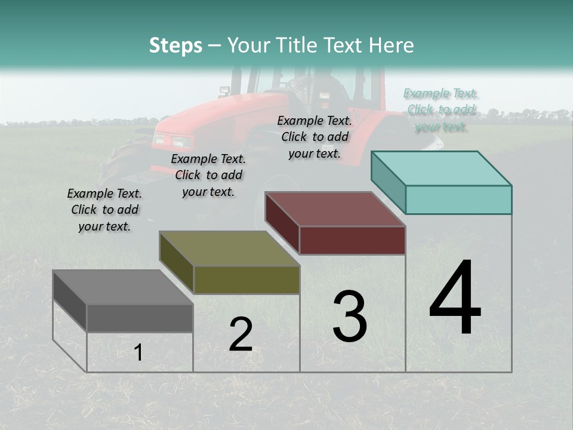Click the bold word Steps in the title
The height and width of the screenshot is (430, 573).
(175, 45)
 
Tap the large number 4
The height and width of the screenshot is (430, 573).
(455, 299)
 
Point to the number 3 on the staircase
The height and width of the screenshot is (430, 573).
(350, 317)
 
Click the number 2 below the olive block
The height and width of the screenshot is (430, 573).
(241, 334)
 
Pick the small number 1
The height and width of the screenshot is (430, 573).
(138, 352)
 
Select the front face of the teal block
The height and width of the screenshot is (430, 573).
(458, 199)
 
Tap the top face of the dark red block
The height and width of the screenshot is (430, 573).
(335, 209)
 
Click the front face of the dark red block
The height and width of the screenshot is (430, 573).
(352, 240)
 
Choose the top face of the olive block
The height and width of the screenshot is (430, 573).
(229, 248)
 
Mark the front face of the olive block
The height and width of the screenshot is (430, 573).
(247, 279)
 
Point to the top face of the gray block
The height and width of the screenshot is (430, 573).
(123, 287)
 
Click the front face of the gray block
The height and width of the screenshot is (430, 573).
(140, 318)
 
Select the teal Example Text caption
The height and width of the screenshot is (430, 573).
(440, 110)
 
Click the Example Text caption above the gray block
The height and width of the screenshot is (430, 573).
(104, 210)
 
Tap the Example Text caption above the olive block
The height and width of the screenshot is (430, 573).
(208, 175)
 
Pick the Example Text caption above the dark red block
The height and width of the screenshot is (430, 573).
(315, 137)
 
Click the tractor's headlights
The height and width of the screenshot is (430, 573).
(172, 141)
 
